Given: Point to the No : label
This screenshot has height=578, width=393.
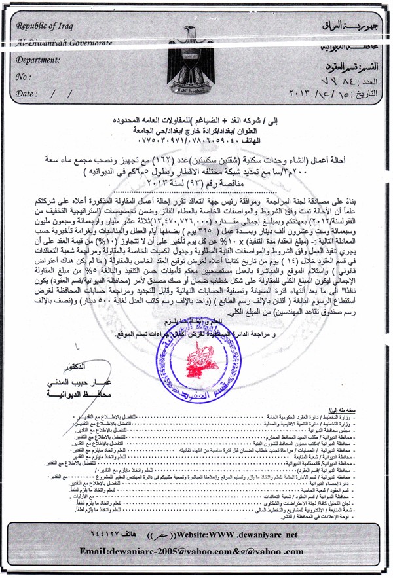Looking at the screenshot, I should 24,76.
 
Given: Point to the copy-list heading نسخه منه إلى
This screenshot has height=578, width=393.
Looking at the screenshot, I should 360,408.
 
